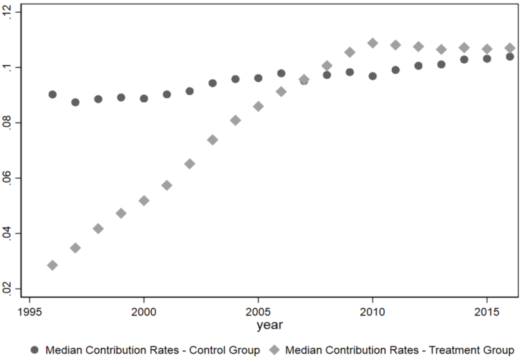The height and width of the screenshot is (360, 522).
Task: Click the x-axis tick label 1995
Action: coord(30,312)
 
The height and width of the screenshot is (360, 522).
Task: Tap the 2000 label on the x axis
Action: coord(144,312)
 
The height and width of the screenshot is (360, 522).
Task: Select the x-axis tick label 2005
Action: coord(258,312)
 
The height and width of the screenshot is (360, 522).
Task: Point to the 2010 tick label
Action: coord(372,312)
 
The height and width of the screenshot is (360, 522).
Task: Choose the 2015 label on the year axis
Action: coord(487,312)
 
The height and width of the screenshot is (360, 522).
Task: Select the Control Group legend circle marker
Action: coord(35,350)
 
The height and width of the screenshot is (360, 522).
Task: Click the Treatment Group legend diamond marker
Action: coord(275,350)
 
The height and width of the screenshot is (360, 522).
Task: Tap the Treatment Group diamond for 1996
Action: coord(53,265)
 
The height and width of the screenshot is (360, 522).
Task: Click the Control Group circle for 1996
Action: coord(53,94)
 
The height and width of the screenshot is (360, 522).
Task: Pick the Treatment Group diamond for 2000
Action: coord(144,200)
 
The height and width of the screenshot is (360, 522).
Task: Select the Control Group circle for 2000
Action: coord(144,98)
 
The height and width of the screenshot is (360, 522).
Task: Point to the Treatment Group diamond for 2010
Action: coord(372,43)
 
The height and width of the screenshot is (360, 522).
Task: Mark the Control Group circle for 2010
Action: coord(372,76)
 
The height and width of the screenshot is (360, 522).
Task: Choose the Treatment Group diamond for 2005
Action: coord(258,107)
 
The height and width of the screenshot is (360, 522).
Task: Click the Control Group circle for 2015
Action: coord(487,59)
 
